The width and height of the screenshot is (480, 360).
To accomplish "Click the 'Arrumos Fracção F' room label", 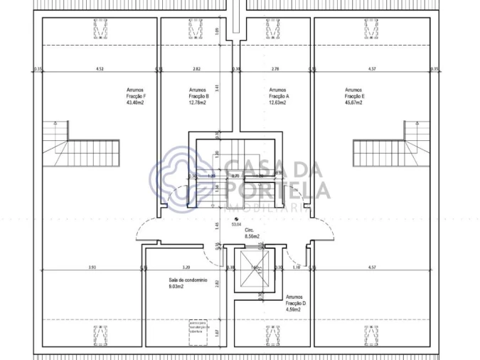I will pos(134,96).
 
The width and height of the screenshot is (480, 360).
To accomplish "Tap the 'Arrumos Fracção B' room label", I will pos(198,96).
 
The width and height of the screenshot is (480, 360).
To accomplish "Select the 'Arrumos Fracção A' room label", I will pos(278,96).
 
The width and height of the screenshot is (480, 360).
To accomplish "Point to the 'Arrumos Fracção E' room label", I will pos(353,96).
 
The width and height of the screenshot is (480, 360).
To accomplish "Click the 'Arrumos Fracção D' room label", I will pos(295,303).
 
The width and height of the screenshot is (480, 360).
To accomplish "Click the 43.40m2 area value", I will pos(135,102).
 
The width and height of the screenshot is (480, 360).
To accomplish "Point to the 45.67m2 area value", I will pos(353,102).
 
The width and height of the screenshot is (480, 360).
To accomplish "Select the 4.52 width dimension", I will pos(100,69).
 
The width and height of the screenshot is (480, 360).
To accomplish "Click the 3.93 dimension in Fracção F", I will pos(92,267).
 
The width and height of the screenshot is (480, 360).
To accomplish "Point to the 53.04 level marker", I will pos(237,223).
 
